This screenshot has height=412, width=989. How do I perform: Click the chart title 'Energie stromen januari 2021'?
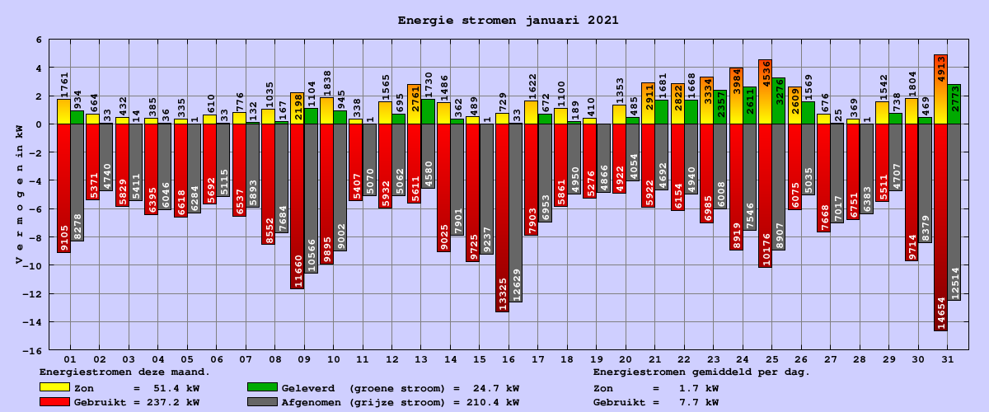pyautogui.click(x=509, y=20)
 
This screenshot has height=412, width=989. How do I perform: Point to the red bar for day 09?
pyautogui.click(x=297, y=206)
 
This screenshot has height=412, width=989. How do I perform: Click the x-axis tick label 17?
pyautogui.click(x=537, y=360)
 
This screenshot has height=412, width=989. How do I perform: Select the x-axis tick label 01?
pyautogui.click(x=70, y=360)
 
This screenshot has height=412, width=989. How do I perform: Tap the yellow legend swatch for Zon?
pyautogui.click(x=54, y=387)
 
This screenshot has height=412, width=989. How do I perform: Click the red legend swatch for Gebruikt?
pyautogui.click(x=54, y=402)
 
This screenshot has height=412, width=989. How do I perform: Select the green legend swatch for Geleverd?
pyautogui.click(x=261, y=387)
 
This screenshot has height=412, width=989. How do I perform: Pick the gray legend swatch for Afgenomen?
pyautogui.click(x=261, y=402)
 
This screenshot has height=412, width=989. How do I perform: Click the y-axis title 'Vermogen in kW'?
pyautogui.click(x=19, y=194)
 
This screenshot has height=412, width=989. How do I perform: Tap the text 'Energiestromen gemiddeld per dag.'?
pyautogui.click(x=701, y=372)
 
